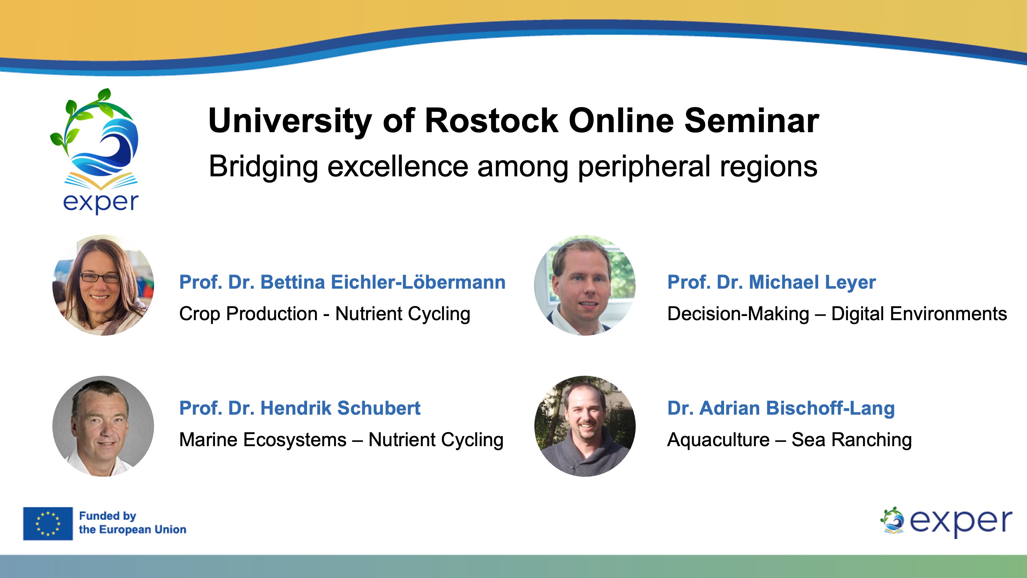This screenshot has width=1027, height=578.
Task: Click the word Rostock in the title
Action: (x=492, y=121)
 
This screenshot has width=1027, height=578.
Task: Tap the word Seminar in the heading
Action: (x=752, y=121)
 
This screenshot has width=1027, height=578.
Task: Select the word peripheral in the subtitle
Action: (x=644, y=167)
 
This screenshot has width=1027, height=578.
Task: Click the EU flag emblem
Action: (x=48, y=523)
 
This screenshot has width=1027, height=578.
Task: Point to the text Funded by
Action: (x=107, y=516)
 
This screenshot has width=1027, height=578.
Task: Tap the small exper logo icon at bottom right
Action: (x=892, y=520)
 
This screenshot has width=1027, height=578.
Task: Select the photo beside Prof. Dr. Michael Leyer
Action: (x=585, y=285)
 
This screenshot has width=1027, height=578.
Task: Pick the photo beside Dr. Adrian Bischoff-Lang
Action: (x=585, y=426)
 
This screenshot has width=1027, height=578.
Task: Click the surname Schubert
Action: (x=379, y=408)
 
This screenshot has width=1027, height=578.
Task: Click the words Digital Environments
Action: (x=919, y=314)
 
